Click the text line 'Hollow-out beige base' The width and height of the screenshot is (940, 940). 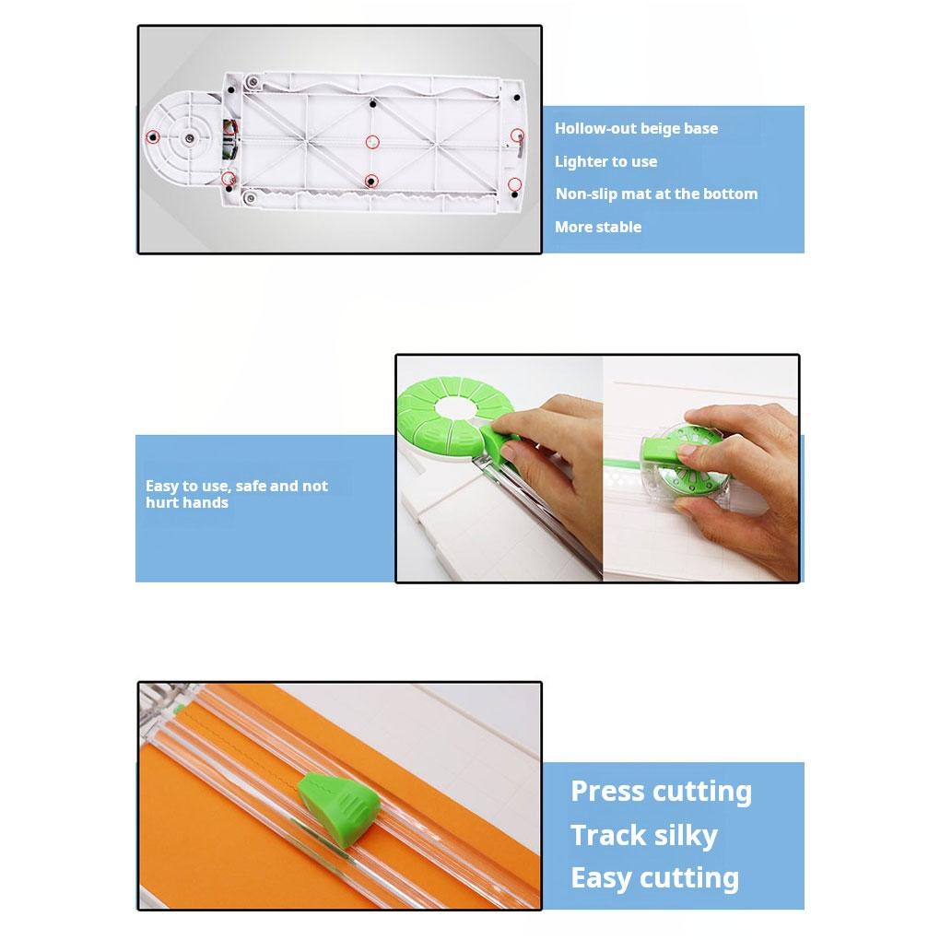tap(636, 129)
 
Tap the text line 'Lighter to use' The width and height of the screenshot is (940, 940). tap(605, 162)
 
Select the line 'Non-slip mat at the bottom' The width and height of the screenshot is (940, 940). tap(656, 194)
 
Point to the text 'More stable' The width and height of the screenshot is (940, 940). tap(597, 228)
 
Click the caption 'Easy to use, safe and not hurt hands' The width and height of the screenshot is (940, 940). tap(236, 494)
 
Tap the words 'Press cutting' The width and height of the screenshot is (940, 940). tap(661, 792)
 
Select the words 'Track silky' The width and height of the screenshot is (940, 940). tap(643, 836)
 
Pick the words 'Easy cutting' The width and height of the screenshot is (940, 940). tap(654, 878)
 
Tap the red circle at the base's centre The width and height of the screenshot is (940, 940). tap(372, 142)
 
